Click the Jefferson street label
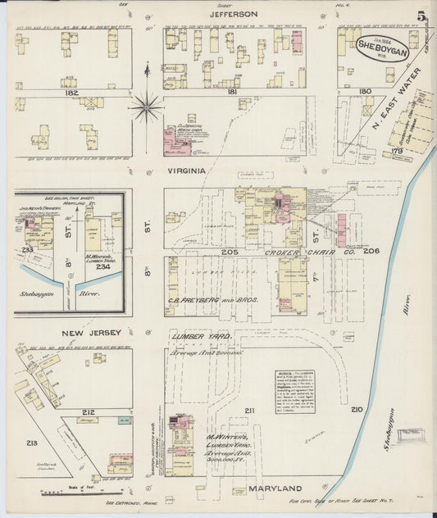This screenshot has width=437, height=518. click(x=234, y=14)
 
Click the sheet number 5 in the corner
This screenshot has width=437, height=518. click(x=421, y=16)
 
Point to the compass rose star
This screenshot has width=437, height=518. click(x=146, y=104)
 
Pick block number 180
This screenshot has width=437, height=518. click(x=366, y=91)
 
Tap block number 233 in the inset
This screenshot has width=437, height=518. click(x=27, y=249)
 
